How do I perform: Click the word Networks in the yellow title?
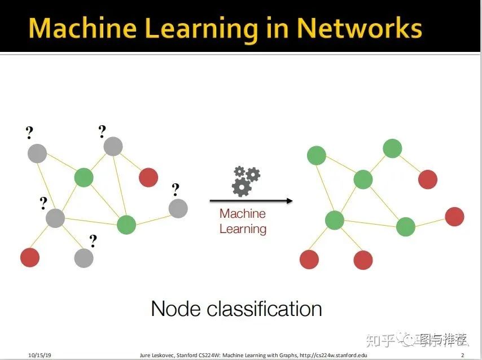pos(360,28)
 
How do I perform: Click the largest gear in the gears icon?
pos(242,187)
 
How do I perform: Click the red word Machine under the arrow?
pos(243,214)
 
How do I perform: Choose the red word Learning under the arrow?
pos(243,229)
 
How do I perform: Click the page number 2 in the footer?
pos(462,355)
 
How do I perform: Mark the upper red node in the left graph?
pos(148,177)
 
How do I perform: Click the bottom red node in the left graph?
pos(30,257)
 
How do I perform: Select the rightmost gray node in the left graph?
pos(178,208)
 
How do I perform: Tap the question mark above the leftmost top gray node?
pos(29,133)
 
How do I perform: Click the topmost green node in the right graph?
pos(392,148)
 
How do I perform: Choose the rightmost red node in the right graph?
pos(454,216)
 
